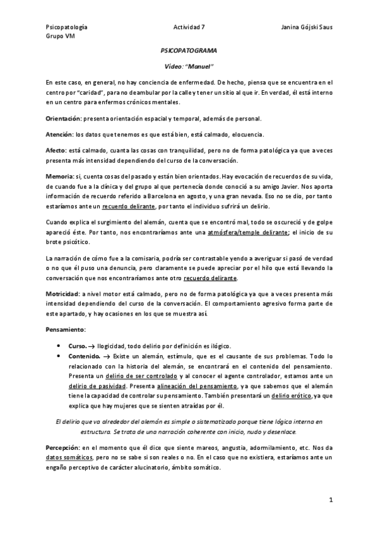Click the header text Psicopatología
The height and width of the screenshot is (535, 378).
[x=66, y=28]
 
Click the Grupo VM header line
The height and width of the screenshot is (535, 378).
[x=60, y=37]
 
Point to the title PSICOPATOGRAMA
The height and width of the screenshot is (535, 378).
[x=189, y=55]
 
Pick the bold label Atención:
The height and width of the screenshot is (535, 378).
[x=60, y=134]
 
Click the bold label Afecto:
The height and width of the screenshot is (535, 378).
[x=57, y=150]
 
